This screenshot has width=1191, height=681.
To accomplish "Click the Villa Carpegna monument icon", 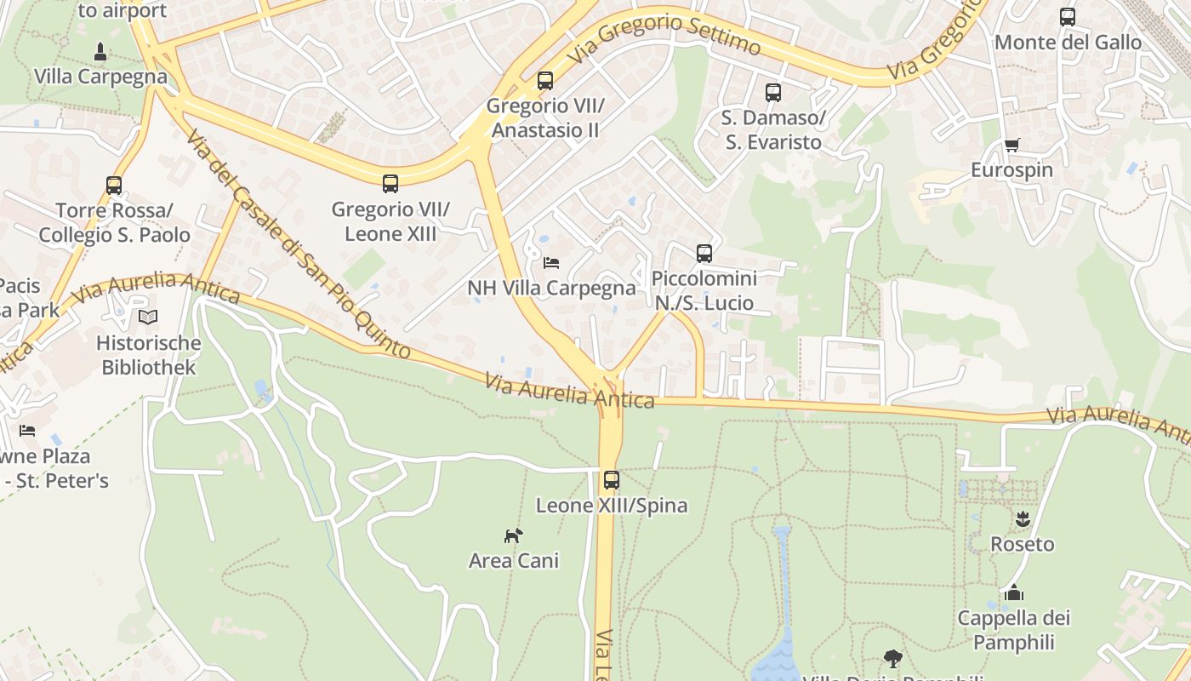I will click(100, 52).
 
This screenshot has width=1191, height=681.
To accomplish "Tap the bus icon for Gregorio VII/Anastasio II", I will click(545, 81).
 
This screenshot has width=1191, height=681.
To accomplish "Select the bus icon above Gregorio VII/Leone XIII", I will click(390, 183).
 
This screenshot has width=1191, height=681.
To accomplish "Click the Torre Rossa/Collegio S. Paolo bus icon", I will click(114, 185).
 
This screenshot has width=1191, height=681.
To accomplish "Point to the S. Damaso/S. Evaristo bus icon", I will click(772, 93).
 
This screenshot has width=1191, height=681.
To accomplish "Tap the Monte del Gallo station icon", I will click(1068, 16).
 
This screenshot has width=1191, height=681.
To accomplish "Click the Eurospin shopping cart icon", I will click(1011, 145).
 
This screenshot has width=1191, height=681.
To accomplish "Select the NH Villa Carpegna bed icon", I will click(551, 263).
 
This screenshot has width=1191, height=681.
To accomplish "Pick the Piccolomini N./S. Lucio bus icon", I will click(704, 253).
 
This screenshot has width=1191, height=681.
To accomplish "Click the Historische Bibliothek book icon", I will click(148, 318).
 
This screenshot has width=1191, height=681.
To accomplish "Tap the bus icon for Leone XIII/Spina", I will click(611, 479).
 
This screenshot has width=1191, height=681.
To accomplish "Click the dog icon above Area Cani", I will click(513, 535).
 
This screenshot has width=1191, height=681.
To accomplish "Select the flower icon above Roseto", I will click(1022, 518).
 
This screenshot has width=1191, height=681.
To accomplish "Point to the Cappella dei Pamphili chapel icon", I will click(1013, 592).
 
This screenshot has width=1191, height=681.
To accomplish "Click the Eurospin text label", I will click(1011, 170).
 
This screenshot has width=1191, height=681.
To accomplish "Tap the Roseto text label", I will click(1022, 544).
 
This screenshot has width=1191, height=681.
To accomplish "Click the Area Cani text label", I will click(514, 560).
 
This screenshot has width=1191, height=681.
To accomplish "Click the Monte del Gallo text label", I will click(1068, 42).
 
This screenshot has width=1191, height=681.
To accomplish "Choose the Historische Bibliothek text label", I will click(149, 356).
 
